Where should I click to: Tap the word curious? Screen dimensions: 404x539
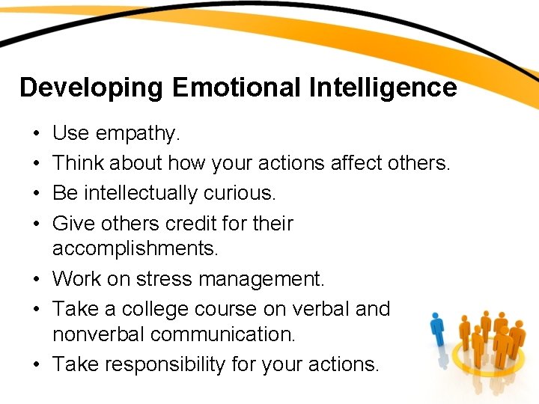(x=246, y=193)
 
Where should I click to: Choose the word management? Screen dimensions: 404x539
(x=270, y=280)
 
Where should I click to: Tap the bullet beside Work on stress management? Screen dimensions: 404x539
(x=36, y=280)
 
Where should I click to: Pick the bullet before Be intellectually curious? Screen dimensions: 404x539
(x=36, y=194)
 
